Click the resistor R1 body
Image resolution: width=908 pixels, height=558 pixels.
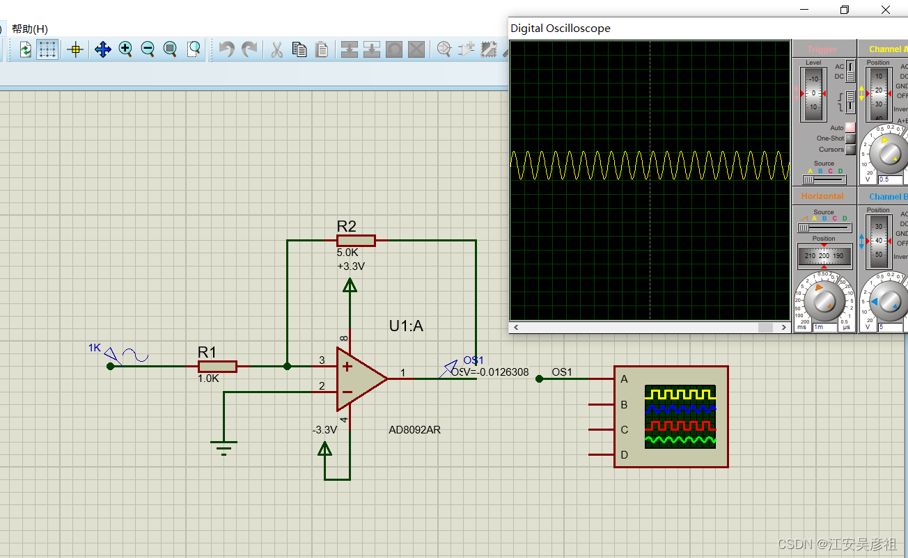[x=217, y=367]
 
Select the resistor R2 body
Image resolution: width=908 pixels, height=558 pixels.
[x=356, y=241]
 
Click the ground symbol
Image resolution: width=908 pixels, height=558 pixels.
[x=224, y=447]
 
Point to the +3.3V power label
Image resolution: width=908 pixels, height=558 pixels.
[x=350, y=266]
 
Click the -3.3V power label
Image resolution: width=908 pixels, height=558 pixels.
[x=324, y=430]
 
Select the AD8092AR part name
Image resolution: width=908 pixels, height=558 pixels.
[x=414, y=430]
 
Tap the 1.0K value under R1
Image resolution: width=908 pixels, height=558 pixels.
[x=208, y=379]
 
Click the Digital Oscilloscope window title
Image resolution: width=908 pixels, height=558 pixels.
[x=561, y=29]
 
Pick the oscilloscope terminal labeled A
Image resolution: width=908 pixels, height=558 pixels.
[x=624, y=379]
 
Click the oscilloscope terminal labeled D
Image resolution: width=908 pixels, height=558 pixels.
[x=624, y=455]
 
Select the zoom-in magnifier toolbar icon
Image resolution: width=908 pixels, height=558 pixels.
[x=125, y=49]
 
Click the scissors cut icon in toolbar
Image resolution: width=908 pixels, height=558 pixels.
[x=276, y=49]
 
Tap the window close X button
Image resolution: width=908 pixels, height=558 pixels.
[x=886, y=10]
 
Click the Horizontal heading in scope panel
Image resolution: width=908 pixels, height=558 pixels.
[x=822, y=196]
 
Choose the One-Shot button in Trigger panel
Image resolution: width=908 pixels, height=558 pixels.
[x=850, y=138]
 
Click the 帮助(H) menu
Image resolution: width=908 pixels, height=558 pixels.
[x=30, y=29]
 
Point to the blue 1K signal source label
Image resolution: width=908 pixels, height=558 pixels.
[x=95, y=347]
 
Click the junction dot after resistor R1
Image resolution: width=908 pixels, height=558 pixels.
[x=288, y=366]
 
